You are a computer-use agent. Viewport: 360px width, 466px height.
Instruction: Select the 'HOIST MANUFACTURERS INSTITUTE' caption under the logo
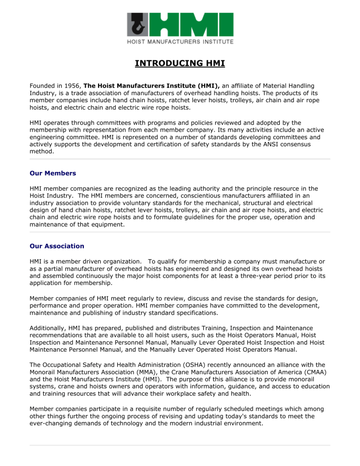point(180,42)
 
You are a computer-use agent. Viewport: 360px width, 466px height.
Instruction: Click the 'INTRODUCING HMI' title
point(180,62)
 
